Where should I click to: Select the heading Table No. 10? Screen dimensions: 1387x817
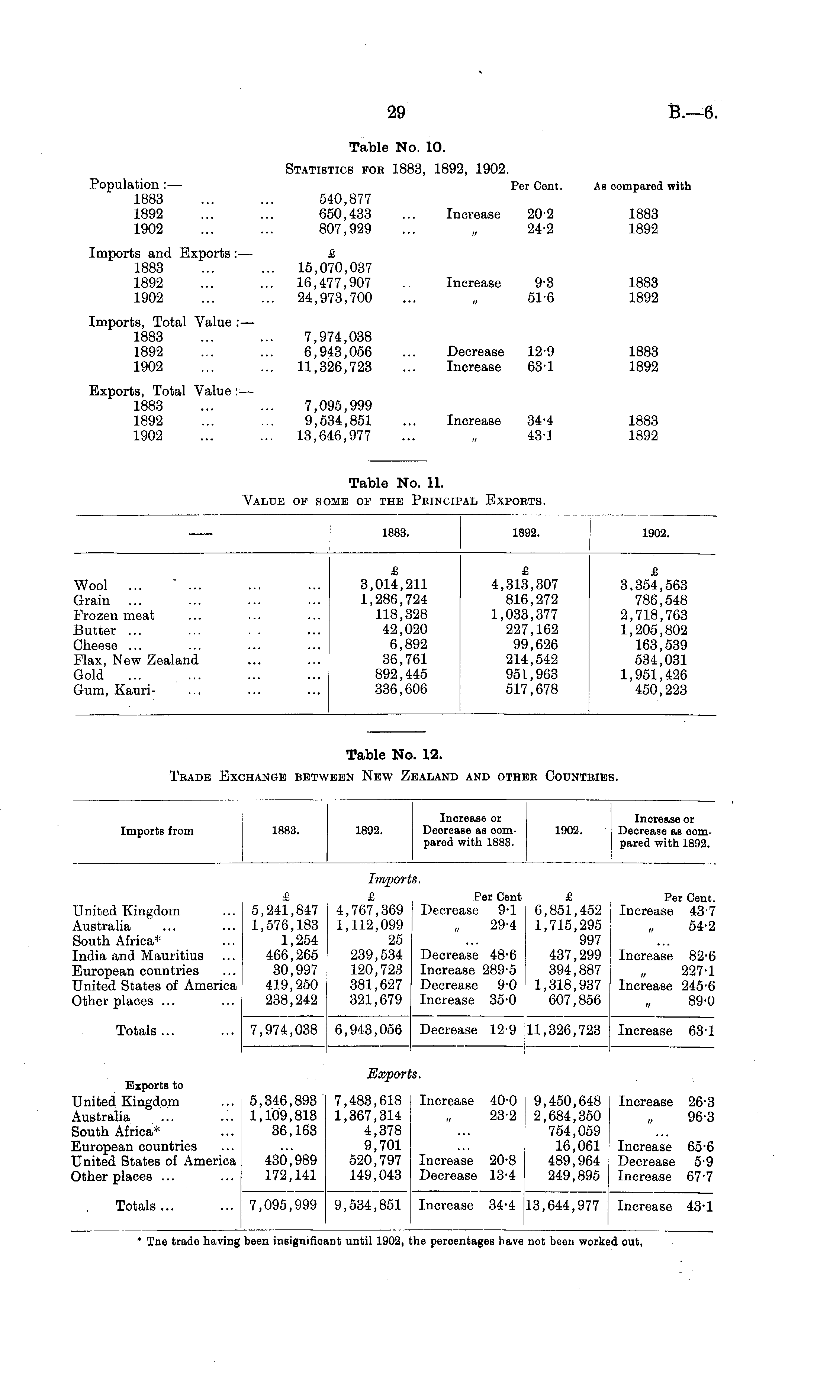tap(397, 148)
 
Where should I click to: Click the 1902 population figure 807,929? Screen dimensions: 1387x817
tap(345, 229)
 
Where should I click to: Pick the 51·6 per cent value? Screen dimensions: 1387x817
tap(540, 298)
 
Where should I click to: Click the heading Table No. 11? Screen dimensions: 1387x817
tap(396, 483)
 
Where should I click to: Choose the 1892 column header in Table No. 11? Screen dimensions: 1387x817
tap(525, 533)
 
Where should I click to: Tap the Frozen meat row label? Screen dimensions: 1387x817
tap(114, 615)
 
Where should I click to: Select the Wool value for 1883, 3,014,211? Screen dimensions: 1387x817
tap(394, 585)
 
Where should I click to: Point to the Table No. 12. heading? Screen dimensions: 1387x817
tap(394, 754)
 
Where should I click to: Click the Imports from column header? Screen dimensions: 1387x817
tap(157, 831)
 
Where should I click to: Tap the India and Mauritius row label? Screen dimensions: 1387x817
tap(138, 956)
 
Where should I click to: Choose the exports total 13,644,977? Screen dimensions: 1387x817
tap(563, 1206)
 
